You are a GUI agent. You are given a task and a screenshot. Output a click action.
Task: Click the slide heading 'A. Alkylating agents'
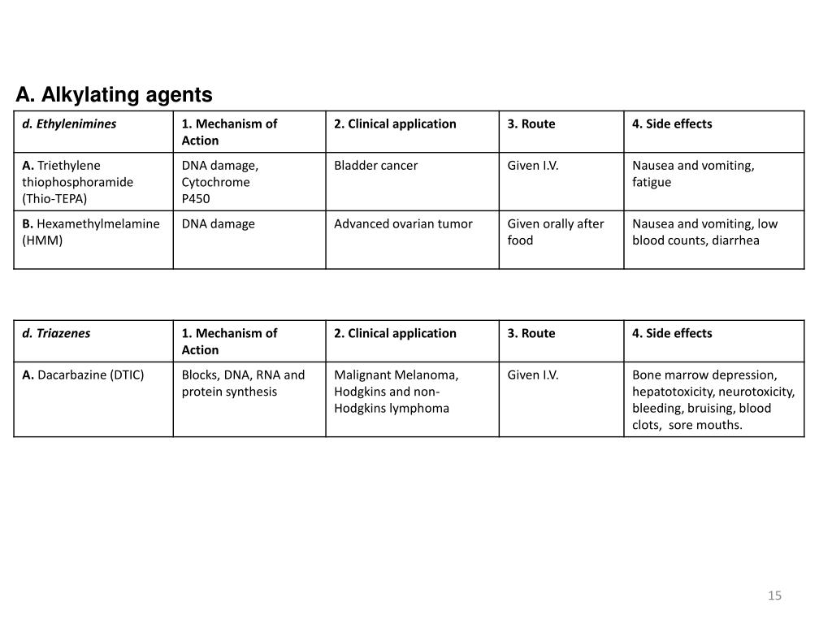pos(114,95)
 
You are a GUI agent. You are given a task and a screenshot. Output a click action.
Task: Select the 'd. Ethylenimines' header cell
pos(69,124)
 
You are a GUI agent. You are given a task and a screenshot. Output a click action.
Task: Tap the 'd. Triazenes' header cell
pos(56,333)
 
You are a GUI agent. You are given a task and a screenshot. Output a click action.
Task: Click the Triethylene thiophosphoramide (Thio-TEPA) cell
pos(78,181)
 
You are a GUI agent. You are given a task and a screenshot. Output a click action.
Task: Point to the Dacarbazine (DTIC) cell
pos(83,375)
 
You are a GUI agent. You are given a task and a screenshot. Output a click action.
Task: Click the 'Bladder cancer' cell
pos(375,166)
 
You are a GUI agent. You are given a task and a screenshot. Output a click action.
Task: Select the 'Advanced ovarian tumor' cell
pos(403,223)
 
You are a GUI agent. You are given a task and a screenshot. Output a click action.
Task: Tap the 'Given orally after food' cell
pos(556,232)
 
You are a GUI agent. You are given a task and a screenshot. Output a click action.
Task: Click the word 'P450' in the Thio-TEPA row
pos(196,199)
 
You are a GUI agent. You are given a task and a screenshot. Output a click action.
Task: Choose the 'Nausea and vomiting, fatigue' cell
pos(693,173)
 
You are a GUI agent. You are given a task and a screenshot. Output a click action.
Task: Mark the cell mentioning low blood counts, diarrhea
pos(704,232)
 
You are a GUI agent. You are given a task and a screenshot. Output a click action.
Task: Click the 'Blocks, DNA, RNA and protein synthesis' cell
pos(243,383)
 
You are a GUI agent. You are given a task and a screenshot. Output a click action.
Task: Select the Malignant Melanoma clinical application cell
pos(396,392)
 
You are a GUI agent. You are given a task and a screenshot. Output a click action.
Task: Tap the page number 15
pos(774,596)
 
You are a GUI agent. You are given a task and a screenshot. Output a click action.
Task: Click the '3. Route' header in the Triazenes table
pos(531,333)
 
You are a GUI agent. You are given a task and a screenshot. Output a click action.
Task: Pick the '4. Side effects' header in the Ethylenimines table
pos(672,124)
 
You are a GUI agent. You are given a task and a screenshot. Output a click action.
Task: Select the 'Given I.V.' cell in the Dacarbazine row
pos(533,375)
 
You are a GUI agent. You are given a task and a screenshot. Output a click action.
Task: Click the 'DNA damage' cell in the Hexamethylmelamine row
pos(218,223)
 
